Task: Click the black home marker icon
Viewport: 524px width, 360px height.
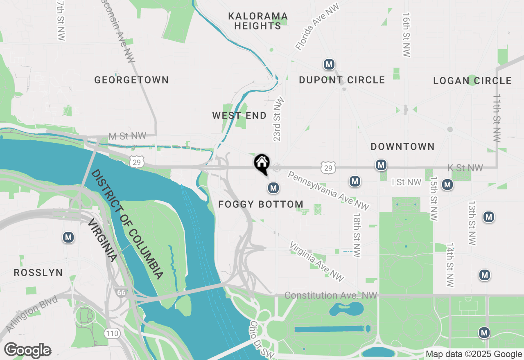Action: (262, 164)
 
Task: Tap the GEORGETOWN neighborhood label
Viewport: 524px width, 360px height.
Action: (131, 80)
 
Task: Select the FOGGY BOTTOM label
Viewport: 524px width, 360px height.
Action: (261, 204)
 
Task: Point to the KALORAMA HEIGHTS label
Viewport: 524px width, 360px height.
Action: (258, 21)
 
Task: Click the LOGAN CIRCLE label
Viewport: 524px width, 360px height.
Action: (472, 81)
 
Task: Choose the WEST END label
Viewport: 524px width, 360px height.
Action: (239, 116)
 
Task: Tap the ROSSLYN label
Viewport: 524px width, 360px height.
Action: (38, 272)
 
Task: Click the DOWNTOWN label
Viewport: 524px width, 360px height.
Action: (402, 146)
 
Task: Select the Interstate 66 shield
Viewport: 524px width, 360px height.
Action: (121, 292)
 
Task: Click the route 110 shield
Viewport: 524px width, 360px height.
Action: (112, 333)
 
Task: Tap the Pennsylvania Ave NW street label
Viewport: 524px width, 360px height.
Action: (328, 191)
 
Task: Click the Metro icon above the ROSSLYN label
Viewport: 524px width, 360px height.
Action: (68, 237)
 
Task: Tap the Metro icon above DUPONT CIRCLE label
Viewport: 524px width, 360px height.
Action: (329, 64)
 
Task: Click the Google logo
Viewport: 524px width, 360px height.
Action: (27, 350)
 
